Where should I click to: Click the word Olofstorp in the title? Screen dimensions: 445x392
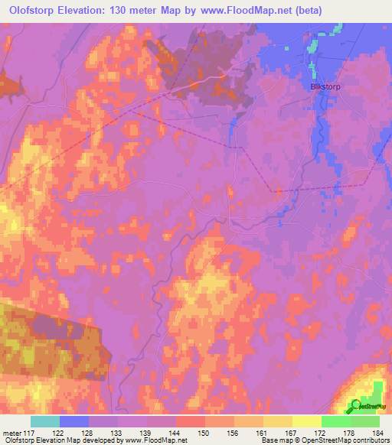click(x=33, y=11)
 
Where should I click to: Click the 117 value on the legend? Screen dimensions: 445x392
click(x=31, y=434)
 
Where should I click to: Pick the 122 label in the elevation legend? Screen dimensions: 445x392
click(x=60, y=434)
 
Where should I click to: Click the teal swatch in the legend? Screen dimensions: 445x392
click(x=45, y=421)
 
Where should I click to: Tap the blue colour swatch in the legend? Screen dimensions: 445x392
click(x=74, y=421)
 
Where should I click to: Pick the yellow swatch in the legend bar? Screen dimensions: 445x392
click(x=307, y=421)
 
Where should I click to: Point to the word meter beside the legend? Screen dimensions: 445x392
click(x=13, y=434)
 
